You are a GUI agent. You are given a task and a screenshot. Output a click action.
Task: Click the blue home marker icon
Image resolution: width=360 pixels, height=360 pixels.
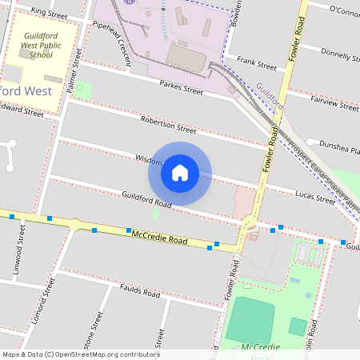pyautogui.click(x=180, y=173)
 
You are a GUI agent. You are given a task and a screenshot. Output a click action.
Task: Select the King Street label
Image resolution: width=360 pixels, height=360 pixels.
pyautogui.click(x=49, y=12)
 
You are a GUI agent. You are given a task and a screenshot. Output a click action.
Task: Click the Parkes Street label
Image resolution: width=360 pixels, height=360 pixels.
pyautogui.click(x=181, y=86)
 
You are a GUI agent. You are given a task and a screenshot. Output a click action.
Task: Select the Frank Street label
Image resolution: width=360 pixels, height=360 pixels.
pyautogui.click(x=256, y=62)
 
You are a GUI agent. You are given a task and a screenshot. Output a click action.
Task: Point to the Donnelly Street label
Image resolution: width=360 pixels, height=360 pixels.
pyautogui.click(x=339, y=53)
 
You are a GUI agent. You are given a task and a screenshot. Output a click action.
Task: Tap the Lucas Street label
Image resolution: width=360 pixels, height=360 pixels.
pyautogui.click(x=314, y=196)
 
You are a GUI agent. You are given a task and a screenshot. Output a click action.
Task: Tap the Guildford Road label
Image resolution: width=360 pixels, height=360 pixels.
pyautogui.click(x=146, y=199)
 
